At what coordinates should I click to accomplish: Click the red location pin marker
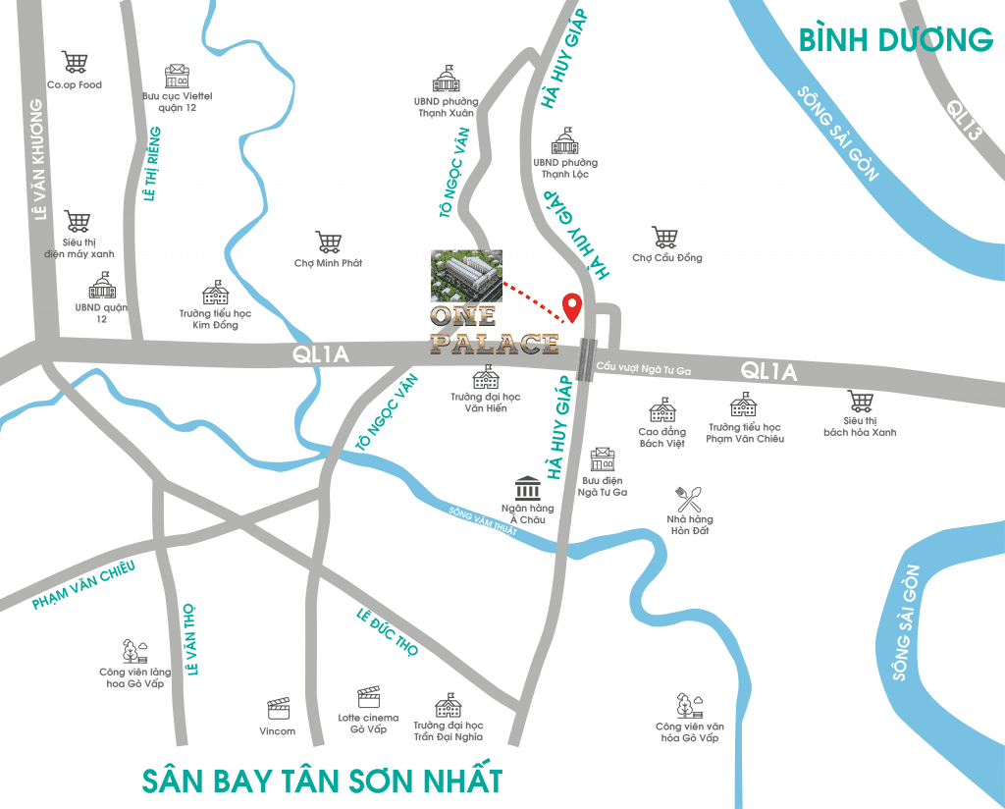click(570, 307)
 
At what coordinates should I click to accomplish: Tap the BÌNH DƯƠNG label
click(895, 40)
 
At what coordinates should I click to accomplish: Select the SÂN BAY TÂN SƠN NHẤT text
click(322, 781)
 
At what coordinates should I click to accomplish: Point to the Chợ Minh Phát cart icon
click(328, 242)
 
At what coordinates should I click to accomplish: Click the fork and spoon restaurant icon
click(688, 498)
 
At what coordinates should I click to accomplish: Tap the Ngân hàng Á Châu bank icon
click(527, 488)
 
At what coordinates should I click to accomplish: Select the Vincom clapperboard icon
click(278, 709)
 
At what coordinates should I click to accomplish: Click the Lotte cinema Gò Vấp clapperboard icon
click(368, 696)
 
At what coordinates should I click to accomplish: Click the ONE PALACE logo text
click(494, 331)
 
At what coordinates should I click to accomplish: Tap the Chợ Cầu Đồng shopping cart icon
click(665, 237)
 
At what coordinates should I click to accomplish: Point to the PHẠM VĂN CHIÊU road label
click(82, 586)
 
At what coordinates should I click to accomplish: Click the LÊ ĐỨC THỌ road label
click(388, 632)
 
